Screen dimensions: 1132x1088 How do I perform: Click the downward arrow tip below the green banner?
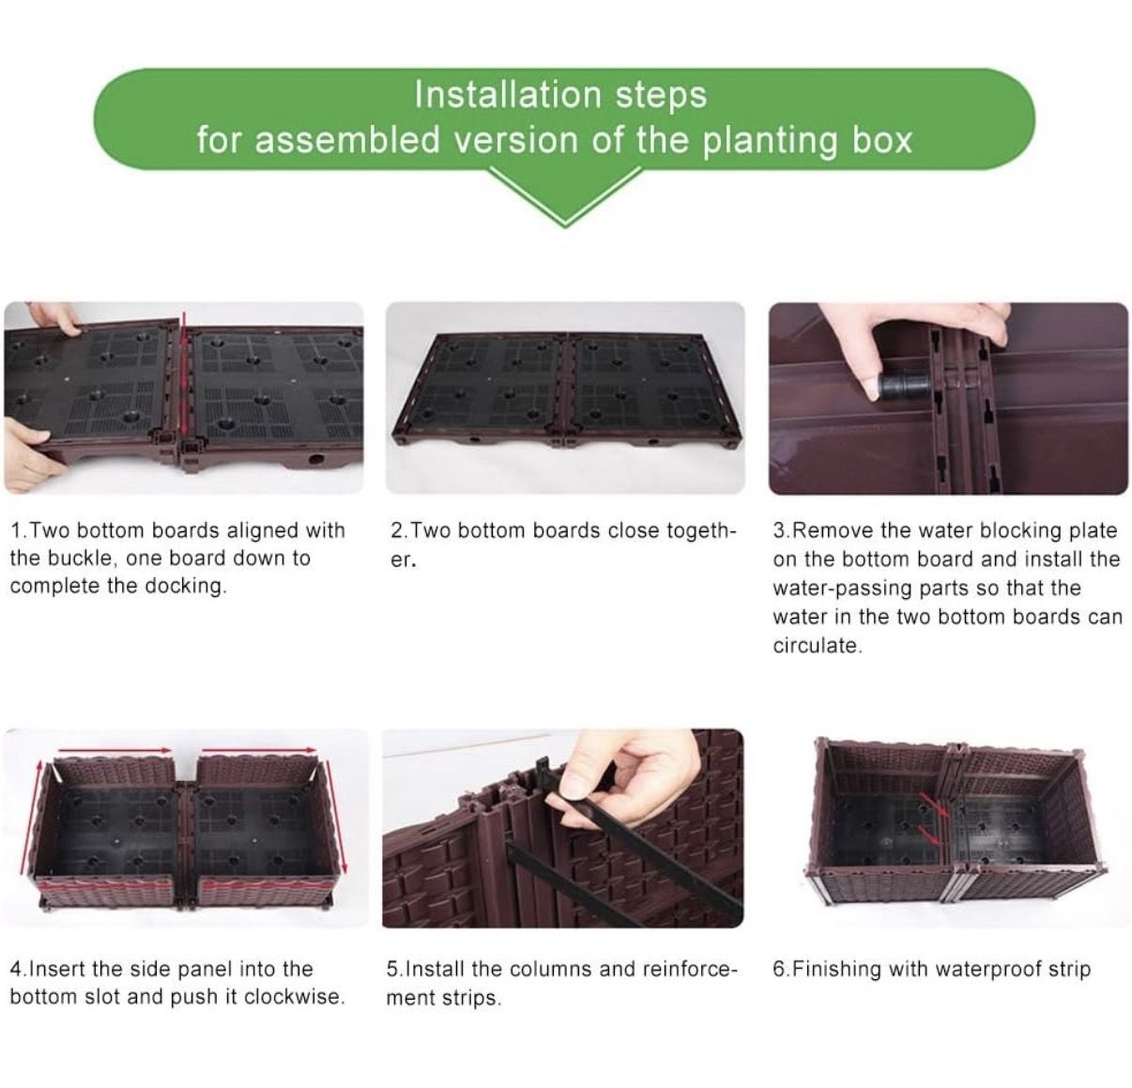point(565,224)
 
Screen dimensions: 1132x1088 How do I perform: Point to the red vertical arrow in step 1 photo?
point(184,378)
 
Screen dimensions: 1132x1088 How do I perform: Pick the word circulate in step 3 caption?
point(817,645)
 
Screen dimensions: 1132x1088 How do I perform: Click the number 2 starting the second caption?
point(396,530)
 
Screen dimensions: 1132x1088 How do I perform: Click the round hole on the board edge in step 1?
point(316,459)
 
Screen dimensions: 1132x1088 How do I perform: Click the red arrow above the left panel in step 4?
point(115,749)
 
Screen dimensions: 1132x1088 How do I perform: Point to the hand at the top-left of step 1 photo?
point(54,317)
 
